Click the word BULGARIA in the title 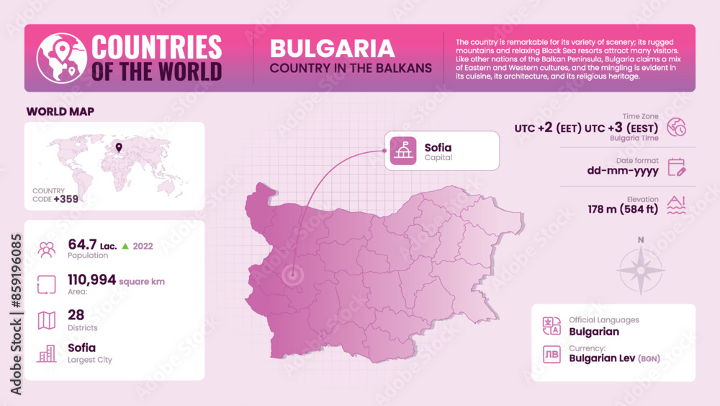pos(332,48)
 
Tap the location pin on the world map pos(118,149)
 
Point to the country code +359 pos(66,198)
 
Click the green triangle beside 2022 pos(125,246)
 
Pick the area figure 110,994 pos(91,280)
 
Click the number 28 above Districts pos(76,315)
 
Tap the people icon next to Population pos(47,250)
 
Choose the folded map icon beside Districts pos(47,319)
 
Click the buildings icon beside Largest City pos(47,353)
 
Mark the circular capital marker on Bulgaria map pos(292,275)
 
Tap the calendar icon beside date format pos(677,167)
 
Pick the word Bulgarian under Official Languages pos(594,332)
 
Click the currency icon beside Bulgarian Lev pos(552,354)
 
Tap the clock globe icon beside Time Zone pos(677,127)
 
